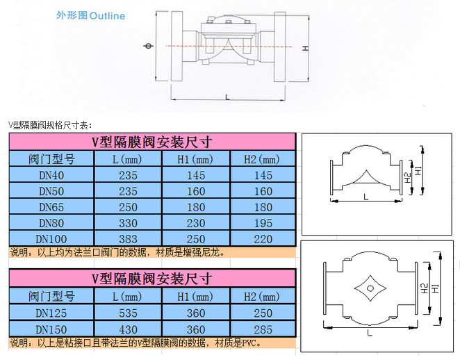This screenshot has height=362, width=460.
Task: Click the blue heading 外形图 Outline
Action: [90, 15]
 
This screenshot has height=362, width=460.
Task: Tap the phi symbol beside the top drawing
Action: [149, 46]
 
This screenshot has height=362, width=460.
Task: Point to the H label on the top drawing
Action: [306, 48]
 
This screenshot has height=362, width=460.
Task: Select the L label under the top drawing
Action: [227, 97]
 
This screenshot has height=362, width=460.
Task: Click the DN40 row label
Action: [51, 175]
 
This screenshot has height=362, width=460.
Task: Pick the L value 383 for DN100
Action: [128, 239]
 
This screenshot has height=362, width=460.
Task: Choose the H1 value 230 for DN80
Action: [196, 223]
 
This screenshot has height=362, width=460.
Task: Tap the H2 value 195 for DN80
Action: [263, 223]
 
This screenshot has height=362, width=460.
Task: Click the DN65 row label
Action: [51, 207]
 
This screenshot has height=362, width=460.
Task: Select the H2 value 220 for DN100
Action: [263, 239]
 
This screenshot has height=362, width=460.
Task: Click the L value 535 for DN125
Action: [128, 313]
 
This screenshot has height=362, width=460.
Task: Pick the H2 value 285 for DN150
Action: [263, 329]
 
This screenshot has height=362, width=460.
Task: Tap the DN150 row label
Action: [51, 329]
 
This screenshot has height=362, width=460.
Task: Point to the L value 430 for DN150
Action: [128, 329]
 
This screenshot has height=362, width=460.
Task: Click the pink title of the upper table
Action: [152, 142]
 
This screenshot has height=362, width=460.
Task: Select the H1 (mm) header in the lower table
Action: [195, 297]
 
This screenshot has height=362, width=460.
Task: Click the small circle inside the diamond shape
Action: [370, 288]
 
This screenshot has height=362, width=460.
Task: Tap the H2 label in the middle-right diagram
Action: [407, 178]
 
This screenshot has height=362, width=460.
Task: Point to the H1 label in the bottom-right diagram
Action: [436, 288]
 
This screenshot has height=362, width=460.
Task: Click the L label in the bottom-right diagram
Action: [370, 333]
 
